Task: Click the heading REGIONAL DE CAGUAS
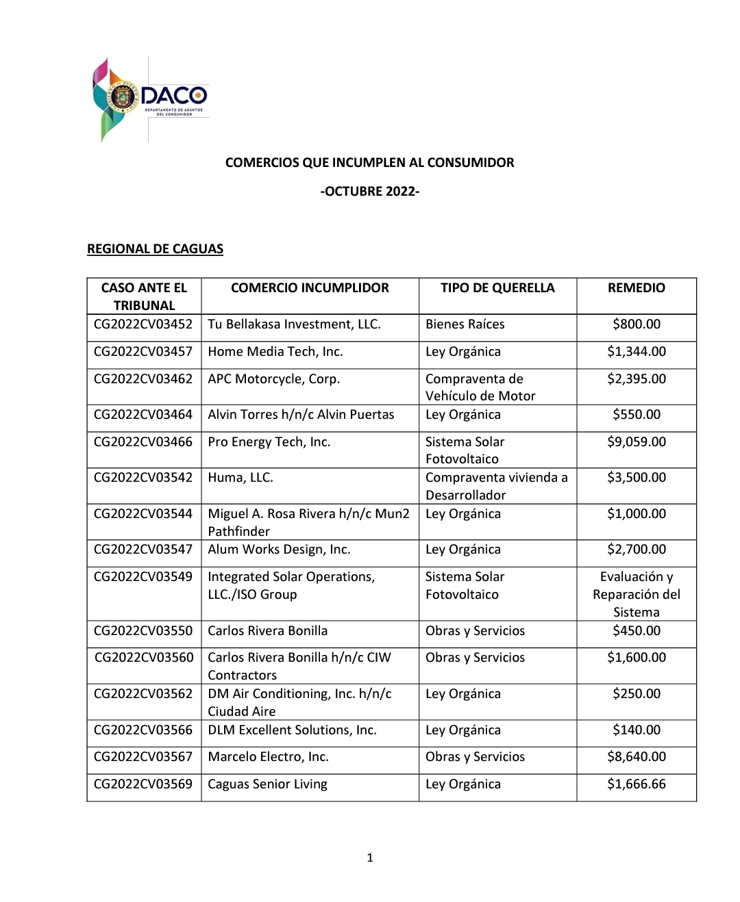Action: point(155,249)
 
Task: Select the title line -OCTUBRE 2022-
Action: point(369,192)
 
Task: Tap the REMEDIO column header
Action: point(636,288)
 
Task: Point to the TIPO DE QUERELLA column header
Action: point(497,288)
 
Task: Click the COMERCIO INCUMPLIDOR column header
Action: point(310,288)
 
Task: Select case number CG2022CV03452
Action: point(143,324)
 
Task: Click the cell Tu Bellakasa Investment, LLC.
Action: point(294,324)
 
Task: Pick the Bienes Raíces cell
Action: point(465,324)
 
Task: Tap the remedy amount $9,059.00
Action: point(636,442)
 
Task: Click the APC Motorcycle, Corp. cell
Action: point(273,379)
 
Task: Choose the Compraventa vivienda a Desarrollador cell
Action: point(496,486)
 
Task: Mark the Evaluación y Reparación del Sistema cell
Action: point(636,594)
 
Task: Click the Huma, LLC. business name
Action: point(241,478)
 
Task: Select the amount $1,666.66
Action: point(636,784)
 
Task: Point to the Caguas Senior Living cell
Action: point(267,784)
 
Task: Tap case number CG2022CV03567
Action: point(143,757)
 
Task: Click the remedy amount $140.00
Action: point(636,730)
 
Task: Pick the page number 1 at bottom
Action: point(370,858)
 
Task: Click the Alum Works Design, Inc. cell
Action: point(279,550)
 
